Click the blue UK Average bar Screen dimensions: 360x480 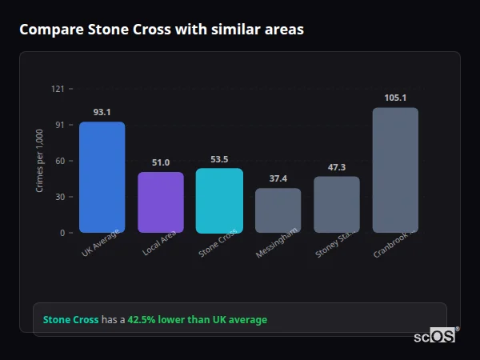102,177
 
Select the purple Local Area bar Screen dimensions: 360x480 161,202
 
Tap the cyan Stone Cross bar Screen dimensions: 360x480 219,200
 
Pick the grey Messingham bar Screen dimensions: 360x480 278,210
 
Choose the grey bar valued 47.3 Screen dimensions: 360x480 337,205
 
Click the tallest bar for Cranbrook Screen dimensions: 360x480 395,170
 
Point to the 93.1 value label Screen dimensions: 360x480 102,113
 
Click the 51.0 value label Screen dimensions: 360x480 161,163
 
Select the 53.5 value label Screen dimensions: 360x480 219,159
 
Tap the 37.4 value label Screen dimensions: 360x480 278,179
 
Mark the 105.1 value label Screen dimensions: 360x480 395,98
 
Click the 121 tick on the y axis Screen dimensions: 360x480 57,89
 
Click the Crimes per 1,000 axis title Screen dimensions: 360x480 39,161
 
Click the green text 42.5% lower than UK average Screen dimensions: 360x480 198,320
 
